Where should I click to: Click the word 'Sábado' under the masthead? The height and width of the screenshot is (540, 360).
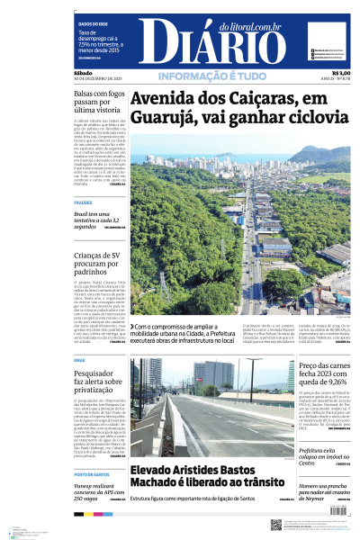(x=83, y=73)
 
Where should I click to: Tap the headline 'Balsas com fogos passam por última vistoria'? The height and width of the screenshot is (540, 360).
(x=98, y=103)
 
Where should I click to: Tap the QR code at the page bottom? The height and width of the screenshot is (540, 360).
(x=276, y=524)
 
